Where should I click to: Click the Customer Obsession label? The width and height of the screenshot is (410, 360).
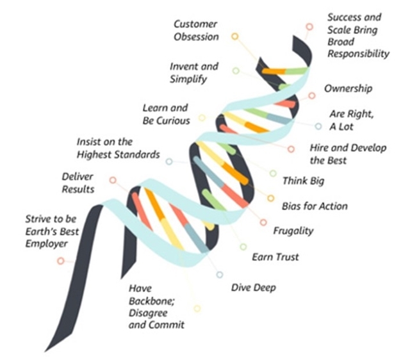pyautogui.click(x=196, y=30)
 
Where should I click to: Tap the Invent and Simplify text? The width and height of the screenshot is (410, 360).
pyautogui.click(x=193, y=72)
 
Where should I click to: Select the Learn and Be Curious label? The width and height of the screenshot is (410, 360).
pyautogui.click(x=165, y=114)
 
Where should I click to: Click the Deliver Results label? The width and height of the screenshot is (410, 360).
pyautogui.click(x=78, y=183)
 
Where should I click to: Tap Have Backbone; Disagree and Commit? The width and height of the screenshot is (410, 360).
pyautogui.click(x=156, y=306)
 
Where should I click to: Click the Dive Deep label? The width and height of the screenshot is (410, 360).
pyautogui.click(x=253, y=288)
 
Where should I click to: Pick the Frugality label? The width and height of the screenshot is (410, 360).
pyautogui.click(x=293, y=231)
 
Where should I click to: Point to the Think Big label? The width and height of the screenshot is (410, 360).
pyautogui.click(x=303, y=181)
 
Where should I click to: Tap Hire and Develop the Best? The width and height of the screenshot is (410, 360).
pyautogui.click(x=348, y=154)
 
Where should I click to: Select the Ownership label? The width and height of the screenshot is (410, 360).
pyautogui.click(x=348, y=88)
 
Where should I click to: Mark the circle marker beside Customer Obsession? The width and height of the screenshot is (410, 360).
pyautogui.click(x=235, y=36)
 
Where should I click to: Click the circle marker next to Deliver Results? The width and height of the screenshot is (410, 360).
pyautogui.click(x=113, y=181)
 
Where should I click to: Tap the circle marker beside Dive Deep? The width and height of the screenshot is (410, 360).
pyautogui.click(x=220, y=275)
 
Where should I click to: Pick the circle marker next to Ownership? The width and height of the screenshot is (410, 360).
pyautogui.click(x=311, y=96)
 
